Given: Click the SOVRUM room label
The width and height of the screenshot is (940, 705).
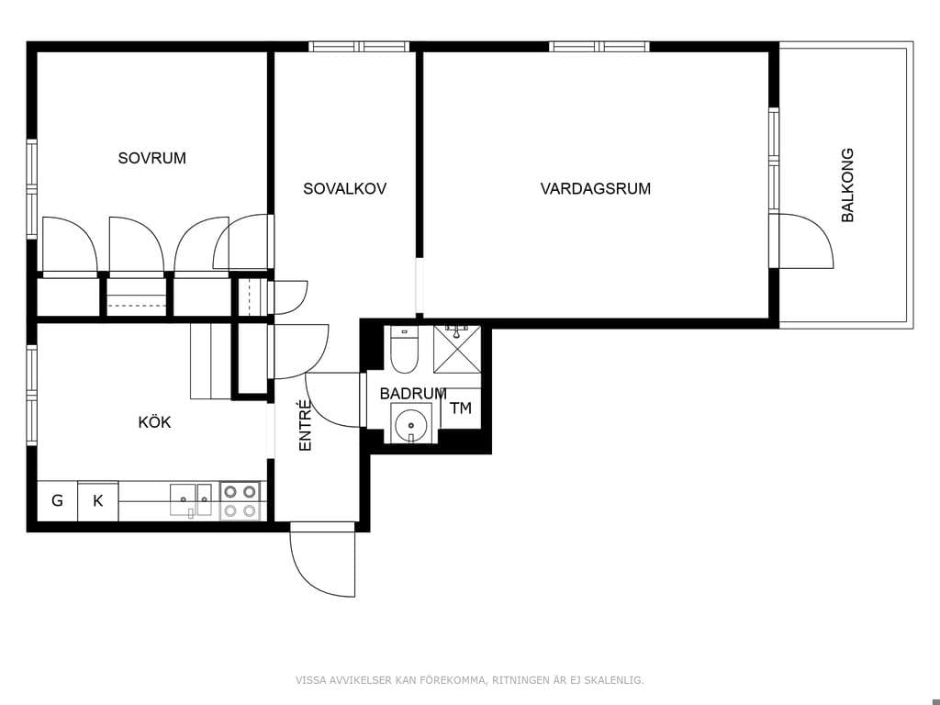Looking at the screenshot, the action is (x=151, y=158).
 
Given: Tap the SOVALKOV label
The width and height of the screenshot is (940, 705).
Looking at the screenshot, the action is (x=345, y=189).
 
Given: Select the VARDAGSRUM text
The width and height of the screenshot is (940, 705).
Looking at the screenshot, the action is (x=595, y=189).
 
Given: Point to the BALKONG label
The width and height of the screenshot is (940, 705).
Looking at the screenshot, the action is (x=847, y=185).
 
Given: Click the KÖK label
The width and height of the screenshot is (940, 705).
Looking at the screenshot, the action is (x=154, y=422).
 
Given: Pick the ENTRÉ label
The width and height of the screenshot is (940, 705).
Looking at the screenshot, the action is (x=305, y=425).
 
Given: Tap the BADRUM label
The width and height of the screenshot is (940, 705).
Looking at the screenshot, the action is (x=413, y=394).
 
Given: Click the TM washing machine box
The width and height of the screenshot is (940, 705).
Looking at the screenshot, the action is (x=461, y=408).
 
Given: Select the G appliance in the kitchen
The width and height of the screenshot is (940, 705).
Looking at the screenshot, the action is (x=58, y=500).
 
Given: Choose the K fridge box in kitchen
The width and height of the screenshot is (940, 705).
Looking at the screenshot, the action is (x=97, y=500).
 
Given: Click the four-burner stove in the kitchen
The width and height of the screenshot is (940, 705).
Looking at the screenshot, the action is (x=240, y=501).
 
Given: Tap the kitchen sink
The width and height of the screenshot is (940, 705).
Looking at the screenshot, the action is (x=191, y=500).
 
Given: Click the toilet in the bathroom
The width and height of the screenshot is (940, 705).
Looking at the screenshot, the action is (x=404, y=350).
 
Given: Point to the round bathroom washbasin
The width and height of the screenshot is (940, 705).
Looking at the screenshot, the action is (x=411, y=424).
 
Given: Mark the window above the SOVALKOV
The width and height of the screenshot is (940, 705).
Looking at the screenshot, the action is (x=359, y=46).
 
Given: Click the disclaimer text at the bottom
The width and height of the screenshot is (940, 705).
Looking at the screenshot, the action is (x=469, y=680).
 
